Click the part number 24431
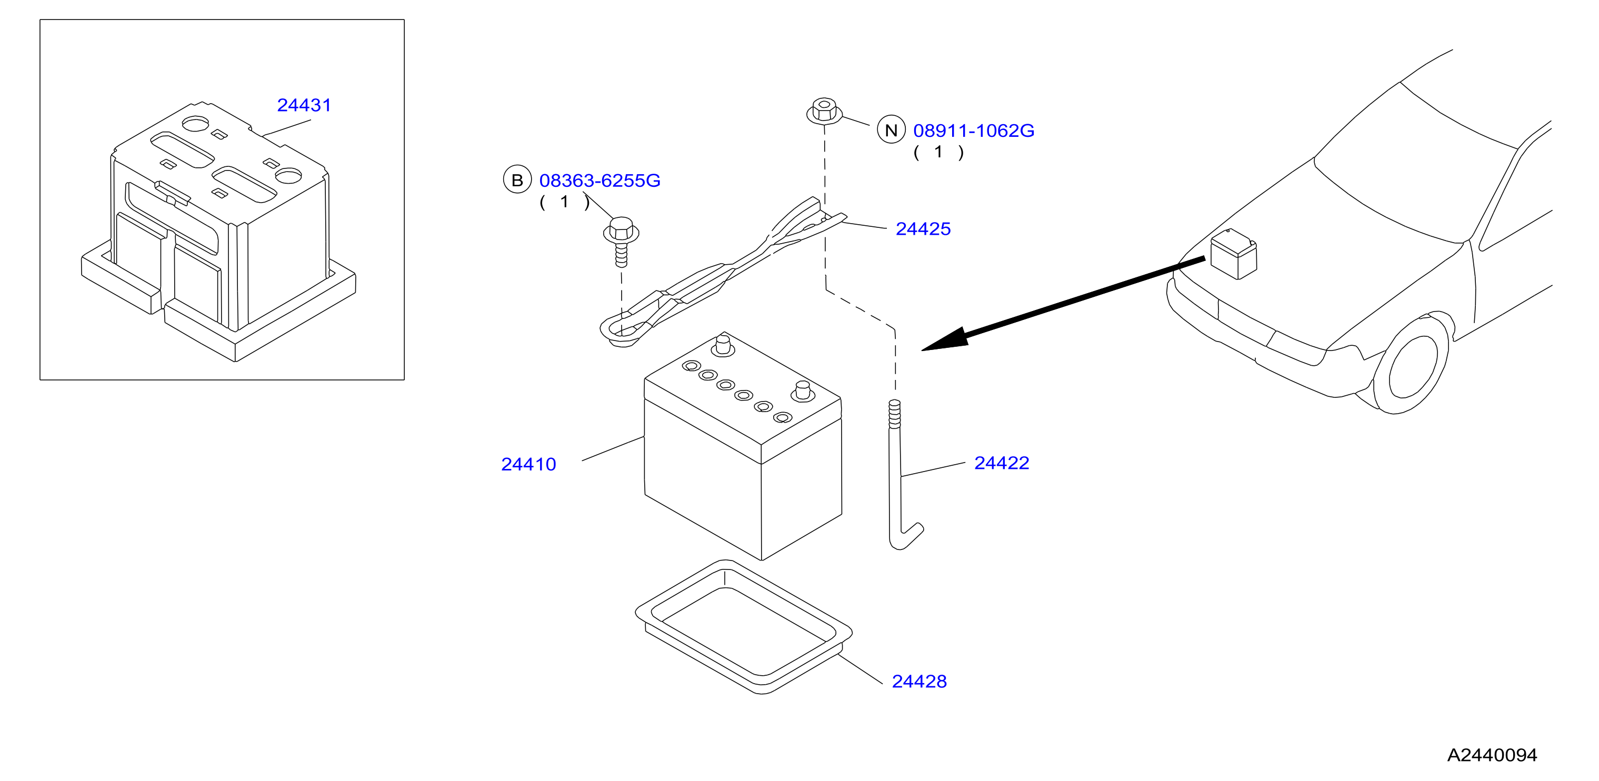[304, 105]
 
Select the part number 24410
[528, 464]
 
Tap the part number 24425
[923, 228]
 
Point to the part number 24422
[1001, 463]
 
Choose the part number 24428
[920, 681]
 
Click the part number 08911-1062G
[973, 131]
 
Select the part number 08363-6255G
[599, 180]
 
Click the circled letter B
[517, 179]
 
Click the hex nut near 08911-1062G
[824, 111]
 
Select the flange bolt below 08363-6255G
[622, 242]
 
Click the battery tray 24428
[744, 626]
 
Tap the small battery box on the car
[1233, 254]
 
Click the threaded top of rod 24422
[894, 414]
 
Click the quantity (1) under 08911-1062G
[938, 152]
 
